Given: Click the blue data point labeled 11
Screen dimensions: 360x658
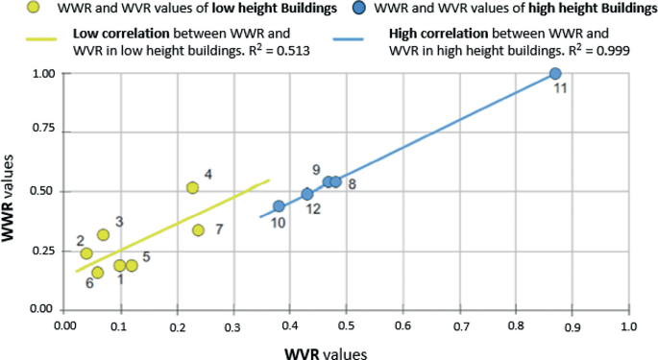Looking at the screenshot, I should (555, 74).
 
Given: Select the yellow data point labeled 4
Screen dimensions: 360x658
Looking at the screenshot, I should (192, 187).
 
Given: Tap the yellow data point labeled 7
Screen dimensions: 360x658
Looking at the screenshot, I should (198, 230).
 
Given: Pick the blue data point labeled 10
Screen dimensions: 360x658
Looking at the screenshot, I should (279, 206).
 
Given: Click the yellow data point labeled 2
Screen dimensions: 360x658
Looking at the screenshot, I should (86, 253).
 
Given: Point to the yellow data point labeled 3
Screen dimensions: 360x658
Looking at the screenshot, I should (103, 234).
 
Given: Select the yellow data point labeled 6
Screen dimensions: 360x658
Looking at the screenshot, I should (97, 273).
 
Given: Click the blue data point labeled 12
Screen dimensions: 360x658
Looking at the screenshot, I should (307, 194).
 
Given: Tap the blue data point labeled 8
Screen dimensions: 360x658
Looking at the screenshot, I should (335, 181).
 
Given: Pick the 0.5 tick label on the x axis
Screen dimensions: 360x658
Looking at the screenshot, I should (347, 327).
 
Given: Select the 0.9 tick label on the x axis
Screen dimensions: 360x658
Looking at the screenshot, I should (573, 327).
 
